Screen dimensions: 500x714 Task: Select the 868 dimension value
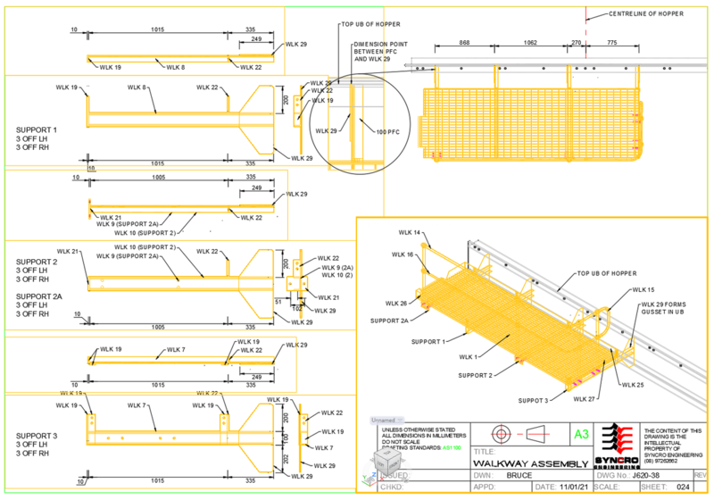(464, 42)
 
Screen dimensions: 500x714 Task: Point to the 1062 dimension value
(528, 42)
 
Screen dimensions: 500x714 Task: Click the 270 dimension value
(576, 42)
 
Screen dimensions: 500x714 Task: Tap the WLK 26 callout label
(396, 303)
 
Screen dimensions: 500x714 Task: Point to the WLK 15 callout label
(643, 290)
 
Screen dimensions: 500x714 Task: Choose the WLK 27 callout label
(585, 398)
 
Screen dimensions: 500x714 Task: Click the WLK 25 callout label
(633, 384)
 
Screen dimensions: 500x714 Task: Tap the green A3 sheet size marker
(581, 434)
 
